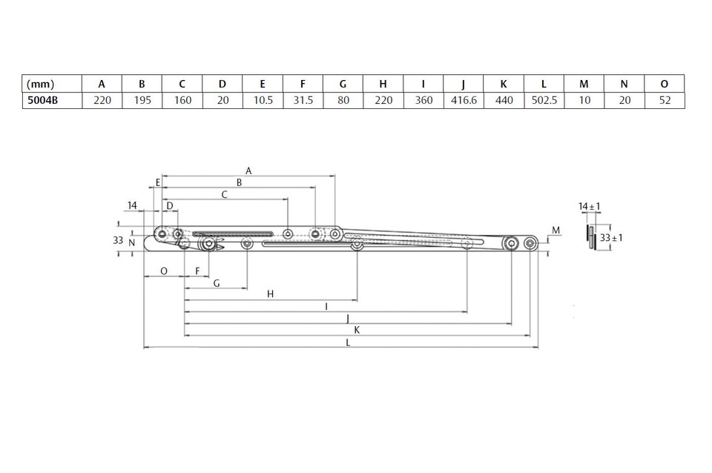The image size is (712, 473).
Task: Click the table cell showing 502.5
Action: point(544,100)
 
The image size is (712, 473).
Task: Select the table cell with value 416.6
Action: point(463,100)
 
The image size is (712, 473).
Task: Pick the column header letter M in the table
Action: point(584,84)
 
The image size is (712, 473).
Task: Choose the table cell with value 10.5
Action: point(263,100)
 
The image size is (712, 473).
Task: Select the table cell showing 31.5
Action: point(303,100)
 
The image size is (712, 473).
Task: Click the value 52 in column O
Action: point(665,100)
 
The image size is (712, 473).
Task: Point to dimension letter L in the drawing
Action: point(349,343)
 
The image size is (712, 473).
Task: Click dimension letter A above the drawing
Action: point(248,171)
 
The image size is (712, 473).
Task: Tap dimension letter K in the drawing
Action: point(357,330)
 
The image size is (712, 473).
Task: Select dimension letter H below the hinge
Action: point(271,294)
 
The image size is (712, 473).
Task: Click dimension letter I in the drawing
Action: point(326,305)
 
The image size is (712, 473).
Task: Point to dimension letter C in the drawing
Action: point(225,194)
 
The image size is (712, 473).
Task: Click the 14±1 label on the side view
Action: point(590,206)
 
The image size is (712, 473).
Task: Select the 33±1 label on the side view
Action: point(612,238)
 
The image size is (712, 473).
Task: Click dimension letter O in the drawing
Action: point(163,271)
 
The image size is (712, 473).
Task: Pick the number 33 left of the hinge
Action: point(118,240)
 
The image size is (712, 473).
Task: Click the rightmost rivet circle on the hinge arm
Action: point(530,243)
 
